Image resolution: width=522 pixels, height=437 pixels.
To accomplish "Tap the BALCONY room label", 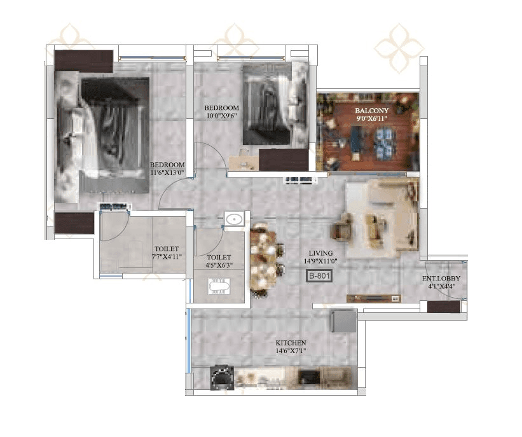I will pos(371,110).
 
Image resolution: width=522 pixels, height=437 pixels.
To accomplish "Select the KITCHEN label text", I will pos(291,343).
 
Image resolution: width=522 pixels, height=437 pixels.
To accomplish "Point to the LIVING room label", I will pos(317,252).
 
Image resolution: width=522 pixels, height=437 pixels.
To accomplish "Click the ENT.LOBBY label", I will pos(441,279).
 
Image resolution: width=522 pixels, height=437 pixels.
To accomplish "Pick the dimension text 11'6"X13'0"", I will pos(167,172).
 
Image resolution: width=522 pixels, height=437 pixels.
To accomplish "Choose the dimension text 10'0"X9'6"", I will pos(221,116).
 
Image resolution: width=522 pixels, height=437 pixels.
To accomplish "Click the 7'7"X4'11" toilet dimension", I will pos(167,258).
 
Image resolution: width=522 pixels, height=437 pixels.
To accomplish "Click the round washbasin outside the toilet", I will pos(235,219).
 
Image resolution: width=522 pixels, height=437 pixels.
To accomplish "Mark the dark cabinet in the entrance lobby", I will pos(443,307).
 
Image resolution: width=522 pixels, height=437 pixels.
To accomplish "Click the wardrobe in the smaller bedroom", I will pos(283,160).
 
